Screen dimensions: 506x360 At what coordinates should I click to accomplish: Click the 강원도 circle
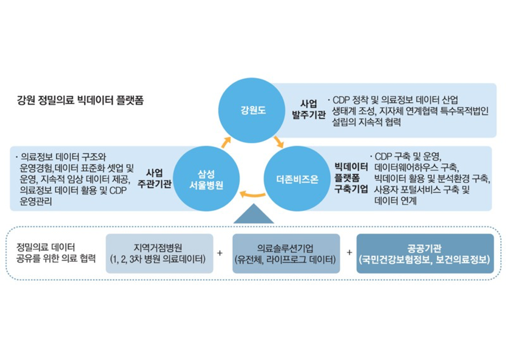click(x=252, y=110)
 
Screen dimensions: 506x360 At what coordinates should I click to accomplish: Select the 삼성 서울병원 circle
click(x=206, y=179)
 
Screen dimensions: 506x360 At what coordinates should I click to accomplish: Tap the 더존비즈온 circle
click(x=297, y=179)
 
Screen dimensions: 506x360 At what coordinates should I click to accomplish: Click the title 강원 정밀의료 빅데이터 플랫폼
click(x=80, y=100)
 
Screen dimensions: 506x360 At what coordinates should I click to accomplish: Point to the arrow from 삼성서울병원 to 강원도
click(x=226, y=143)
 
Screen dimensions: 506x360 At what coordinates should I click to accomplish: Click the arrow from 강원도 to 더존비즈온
click(x=279, y=142)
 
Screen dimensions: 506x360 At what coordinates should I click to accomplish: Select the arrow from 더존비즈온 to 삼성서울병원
click(x=252, y=195)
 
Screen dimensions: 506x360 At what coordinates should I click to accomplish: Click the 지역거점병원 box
click(x=159, y=254)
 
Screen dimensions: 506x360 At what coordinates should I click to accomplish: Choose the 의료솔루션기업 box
click(x=286, y=254)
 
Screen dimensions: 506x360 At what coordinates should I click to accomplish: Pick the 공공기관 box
click(x=425, y=254)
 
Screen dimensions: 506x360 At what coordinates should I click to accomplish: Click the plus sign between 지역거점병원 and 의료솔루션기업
click(x=220, y=253)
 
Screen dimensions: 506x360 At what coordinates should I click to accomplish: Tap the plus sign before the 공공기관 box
click(x=349, y=253)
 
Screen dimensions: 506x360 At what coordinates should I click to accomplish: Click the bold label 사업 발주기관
click(x=309, y=109)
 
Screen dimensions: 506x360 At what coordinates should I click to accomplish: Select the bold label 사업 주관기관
click(x=154, y=179)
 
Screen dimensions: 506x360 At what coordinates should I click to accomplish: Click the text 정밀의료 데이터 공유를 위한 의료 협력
click(x=56, y=253)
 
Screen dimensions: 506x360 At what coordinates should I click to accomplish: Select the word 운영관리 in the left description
click(x=36, y=201)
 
